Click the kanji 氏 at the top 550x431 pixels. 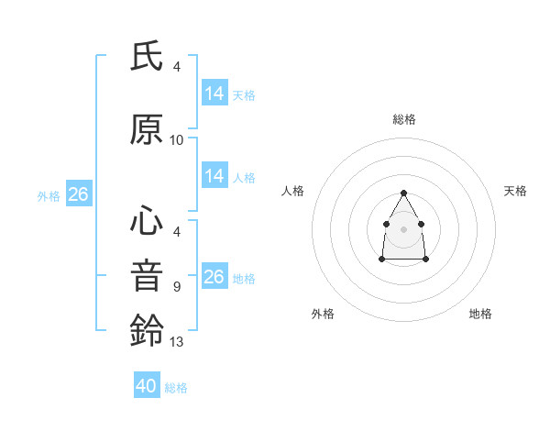(147, 58)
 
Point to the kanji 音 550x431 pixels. (147, 276)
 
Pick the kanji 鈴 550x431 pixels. (147, 331)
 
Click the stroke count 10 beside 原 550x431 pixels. (177, 140)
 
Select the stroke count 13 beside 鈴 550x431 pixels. (177, 342)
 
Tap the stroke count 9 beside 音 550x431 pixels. (177, 287)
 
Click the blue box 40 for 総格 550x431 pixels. (147, 386)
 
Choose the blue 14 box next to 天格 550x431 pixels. (214, 94)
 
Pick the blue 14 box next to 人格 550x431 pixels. (214, 176)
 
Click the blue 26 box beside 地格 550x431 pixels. (214, 277)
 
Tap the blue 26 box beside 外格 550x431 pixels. (79, 194)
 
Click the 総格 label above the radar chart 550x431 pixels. (404, 119)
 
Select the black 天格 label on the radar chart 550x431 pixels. (515, 191)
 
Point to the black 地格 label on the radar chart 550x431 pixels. (480, 314)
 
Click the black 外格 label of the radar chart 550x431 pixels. (323, 314)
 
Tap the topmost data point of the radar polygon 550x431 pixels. (404, 193)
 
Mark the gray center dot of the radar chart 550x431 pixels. (404, 228)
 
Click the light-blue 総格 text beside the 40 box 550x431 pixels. (176, 388)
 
